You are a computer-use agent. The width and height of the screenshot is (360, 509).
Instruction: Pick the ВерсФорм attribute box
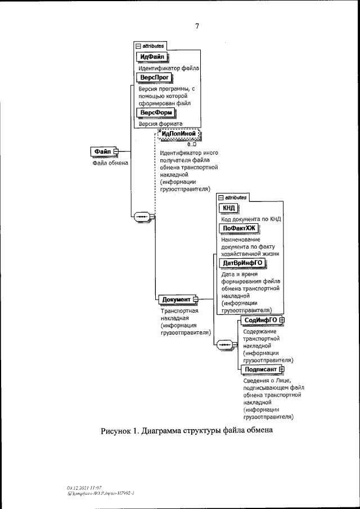coord(155,112)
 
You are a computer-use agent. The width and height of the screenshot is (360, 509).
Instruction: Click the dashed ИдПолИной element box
coord(179,134)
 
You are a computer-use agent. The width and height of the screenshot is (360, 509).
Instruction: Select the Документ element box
coord(177,299)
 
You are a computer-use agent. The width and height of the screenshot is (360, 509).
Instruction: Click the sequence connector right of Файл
coord(142,216)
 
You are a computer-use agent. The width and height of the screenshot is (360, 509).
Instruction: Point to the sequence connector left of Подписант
coord(223,344)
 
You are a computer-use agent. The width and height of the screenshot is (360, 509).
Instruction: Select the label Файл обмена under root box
coord(111,163)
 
